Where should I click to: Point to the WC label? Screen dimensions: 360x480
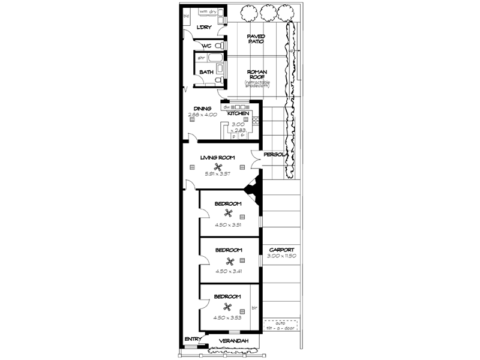(206, 46)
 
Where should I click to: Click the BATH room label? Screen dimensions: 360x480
(206, 72)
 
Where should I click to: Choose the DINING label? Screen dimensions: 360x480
(202, 109)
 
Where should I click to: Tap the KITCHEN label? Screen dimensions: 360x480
(238, 113)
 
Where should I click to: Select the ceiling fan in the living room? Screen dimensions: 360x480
(219, 168)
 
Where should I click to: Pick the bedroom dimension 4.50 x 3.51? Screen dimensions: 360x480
(228, 226)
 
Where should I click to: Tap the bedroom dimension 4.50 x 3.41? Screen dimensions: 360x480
(228, 271)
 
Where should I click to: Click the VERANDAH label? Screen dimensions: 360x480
(233, 341)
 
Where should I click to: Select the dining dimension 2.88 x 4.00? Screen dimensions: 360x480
(202, 115)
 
